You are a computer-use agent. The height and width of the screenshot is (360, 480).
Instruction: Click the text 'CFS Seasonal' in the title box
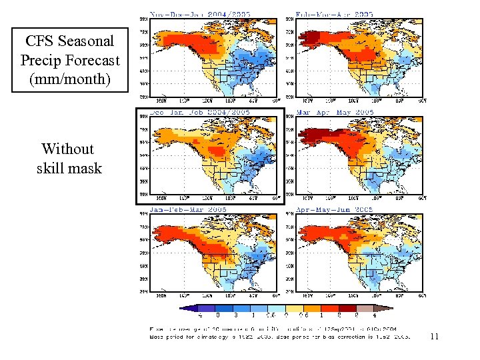(x=70, y=41)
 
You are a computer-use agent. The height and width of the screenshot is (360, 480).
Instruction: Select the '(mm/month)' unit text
(x=69, y=79)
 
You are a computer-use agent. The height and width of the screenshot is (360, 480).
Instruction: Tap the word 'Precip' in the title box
(x=42, y=60)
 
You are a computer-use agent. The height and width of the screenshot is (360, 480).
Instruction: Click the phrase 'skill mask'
(x=69, y=168)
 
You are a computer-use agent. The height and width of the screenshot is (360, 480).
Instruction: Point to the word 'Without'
(x=67, y=149)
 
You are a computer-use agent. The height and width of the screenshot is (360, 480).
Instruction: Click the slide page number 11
(x=434, y=337)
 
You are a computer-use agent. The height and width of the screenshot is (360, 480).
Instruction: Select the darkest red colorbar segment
(x=341, y=308)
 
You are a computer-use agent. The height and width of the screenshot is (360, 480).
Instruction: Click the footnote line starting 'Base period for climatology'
(x=280, y=337)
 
